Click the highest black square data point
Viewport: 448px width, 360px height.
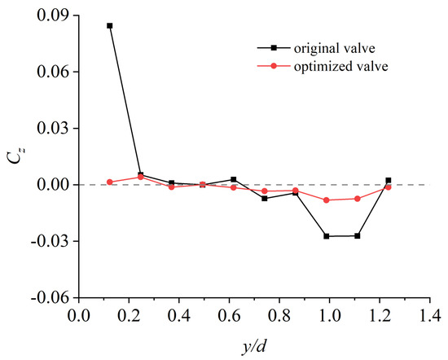click(x=110, y=26)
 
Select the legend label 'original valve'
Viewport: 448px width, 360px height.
click(x=335, y=48)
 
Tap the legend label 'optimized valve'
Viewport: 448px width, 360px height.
click(x=340, y=67)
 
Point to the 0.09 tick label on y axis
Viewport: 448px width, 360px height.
click(x=54, y=15)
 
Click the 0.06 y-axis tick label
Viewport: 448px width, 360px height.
click(x=54, y=72)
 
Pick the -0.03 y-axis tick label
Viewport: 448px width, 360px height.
click(x=51, y=241)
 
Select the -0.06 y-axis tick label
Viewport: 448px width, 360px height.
click(x=51, y=298)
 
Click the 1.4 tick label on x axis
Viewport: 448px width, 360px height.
click(x=429, y=316)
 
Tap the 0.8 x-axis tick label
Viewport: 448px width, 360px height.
click(x=279, y=316)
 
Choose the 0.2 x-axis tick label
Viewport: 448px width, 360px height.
click(x=129, y=316)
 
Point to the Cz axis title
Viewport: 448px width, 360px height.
click(x=16, y=156)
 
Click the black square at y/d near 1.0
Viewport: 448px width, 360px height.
click(x=327, y=236)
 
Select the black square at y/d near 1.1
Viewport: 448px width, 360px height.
click(x=358, y=236)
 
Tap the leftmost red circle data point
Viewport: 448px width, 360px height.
click(x=110, y=182)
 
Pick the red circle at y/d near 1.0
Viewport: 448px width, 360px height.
click(x=327, y=200)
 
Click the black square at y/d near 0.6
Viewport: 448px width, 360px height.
click(x=234, y=179)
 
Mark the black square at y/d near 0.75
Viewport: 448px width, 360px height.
click(x=264, y=198)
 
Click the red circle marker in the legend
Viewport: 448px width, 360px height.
click(x=274, y=66)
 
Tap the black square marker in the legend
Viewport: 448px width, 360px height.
click(x=274, y=48)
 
